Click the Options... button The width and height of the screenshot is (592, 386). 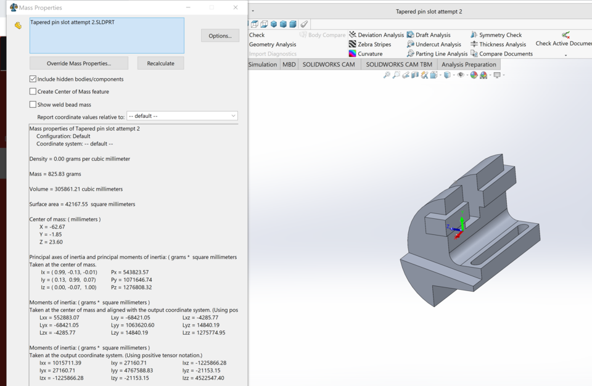click(220, 36)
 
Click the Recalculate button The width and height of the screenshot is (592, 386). click(160, 64)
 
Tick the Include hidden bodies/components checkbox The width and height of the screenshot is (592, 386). click(33, 79)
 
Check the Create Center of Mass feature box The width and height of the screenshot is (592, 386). click(33, 91)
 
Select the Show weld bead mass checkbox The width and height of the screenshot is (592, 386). click(33, 104)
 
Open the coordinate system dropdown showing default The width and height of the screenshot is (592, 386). click(182, 116)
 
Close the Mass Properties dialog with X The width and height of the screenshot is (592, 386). click(236, 7)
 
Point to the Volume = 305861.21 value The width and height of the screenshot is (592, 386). click(76, 189)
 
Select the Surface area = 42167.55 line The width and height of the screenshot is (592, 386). click(82, 204)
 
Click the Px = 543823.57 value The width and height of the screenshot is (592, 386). click(130, 272)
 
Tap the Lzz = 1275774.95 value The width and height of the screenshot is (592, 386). click(203, 332)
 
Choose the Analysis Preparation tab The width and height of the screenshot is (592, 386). click(469, 64)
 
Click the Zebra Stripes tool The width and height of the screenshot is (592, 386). click(369, 44)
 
